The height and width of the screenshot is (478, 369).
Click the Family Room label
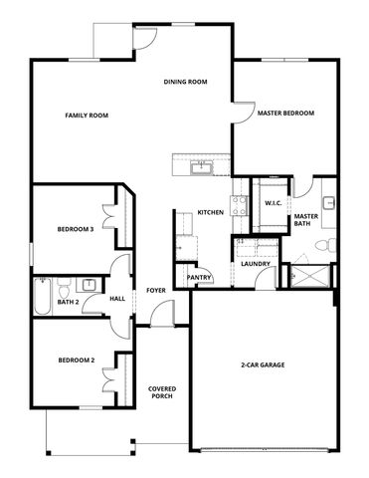[87, 116]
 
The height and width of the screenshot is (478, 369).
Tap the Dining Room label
[185, 82]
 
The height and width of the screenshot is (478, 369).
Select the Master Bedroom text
[285, 114]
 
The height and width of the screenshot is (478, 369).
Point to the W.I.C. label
[274, 203]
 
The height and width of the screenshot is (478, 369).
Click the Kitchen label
[210, 212]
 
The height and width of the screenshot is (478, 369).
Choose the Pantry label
[200, 277]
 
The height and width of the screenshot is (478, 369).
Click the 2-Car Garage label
[264, 365]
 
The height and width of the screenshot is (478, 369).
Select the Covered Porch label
[162, 392]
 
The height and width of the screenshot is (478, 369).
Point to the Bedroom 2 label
[76, 359]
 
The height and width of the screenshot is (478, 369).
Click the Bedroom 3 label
[75, 229]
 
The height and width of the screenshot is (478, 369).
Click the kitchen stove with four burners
[239, 205]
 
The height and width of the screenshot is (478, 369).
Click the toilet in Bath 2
[63, 283]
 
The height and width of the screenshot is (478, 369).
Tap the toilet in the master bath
[334, 244]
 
